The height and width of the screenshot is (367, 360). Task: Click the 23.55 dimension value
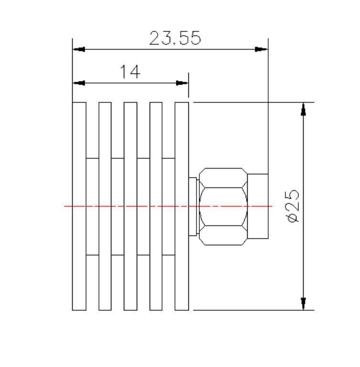coord(175,38)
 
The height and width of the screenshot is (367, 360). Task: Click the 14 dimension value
coord(130,72)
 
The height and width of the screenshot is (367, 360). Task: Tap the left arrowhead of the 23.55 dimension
coord(79,49)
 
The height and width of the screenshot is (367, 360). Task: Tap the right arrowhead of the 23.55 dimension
coord(261,49)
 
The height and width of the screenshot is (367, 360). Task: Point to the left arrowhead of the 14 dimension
coord(79,83)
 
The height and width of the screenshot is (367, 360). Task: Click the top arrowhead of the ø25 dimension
coord(303,109)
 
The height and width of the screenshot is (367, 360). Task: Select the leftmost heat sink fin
coord(79,206)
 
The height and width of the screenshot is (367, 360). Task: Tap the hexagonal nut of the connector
coord(223,206)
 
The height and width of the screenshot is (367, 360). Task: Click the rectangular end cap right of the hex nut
coord(258,206)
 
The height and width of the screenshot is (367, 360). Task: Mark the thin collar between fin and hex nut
coord(193,206)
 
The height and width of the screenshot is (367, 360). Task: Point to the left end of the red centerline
coord(65,206)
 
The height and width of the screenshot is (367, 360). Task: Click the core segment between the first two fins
coord(92,206)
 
